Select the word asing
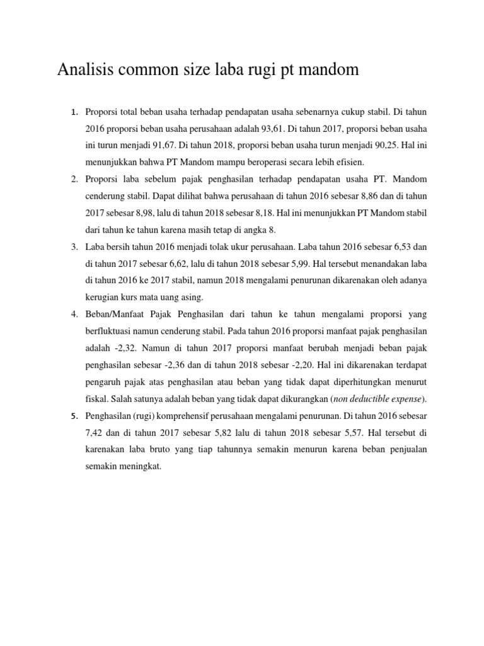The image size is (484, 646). coord(190,296)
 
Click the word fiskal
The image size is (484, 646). coord(96,398)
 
